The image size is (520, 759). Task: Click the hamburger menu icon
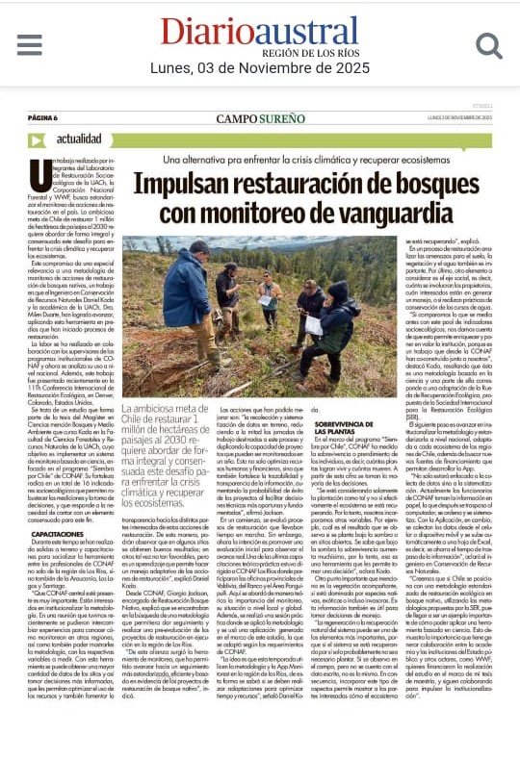click(x=30, y=44)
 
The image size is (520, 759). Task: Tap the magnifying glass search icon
click(x=489, y=44)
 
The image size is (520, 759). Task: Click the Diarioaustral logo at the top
click(x=260, y=31)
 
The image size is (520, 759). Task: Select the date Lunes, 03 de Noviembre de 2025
click(x=260, y=68)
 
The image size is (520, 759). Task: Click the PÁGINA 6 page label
click(x=43, y=118)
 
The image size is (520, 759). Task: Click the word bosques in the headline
click(x=436, y=182)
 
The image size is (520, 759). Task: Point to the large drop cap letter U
click(x=40, y=175)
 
